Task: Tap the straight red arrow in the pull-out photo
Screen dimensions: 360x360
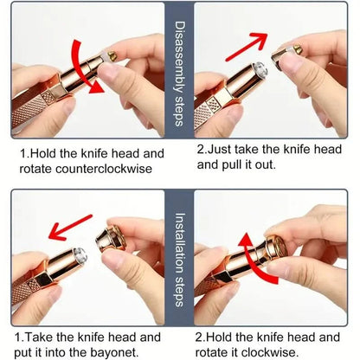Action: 246,46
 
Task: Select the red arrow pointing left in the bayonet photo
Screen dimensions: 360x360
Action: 70,228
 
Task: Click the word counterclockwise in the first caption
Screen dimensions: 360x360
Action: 104,169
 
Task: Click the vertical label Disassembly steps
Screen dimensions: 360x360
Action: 180,74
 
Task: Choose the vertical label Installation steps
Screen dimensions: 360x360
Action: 180,260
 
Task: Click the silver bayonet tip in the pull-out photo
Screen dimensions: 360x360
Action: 260,69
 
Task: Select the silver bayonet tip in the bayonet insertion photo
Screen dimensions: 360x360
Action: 80,255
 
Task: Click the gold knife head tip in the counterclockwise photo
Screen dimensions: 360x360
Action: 112,56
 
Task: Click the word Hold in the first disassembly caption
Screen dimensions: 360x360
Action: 42,153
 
